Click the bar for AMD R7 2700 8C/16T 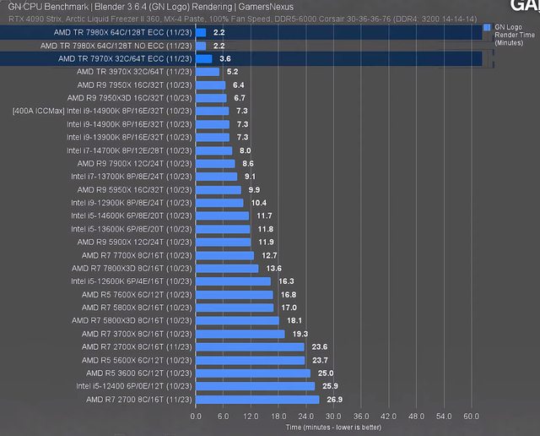(257, 399)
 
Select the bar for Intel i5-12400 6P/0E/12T (255, 386)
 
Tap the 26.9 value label (334, 399)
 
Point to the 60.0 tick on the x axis (471, 416)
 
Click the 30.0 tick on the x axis (333, 416)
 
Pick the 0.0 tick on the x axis (197, 416)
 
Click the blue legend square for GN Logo (487, 28)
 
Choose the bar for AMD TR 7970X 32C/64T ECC (204, 59)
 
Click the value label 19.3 (300, 334)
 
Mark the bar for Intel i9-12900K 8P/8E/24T (219, 203)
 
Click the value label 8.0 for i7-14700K (246, 150)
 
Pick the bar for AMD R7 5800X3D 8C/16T (237, 320)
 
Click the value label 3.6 (225, 59)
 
